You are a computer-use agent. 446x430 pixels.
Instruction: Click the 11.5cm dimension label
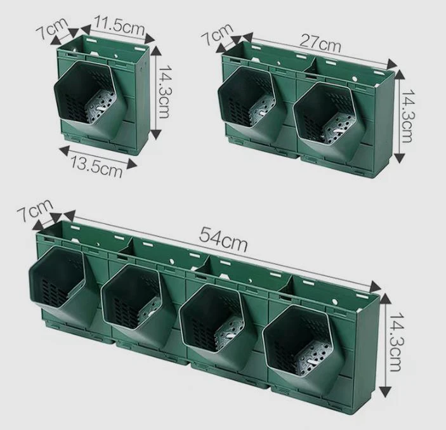(120, 27)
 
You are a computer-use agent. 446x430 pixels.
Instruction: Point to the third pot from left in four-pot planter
(216, 317)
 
